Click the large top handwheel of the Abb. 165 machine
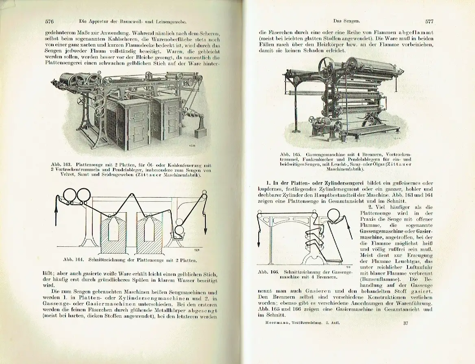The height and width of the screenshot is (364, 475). (326, 64)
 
